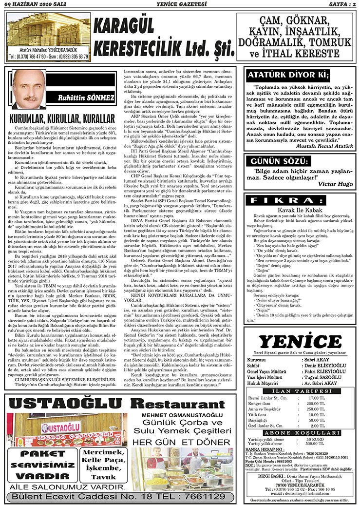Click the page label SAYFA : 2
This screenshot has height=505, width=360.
(x=339, y=4)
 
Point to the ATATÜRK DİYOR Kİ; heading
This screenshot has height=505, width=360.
(x=286, y=76)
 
